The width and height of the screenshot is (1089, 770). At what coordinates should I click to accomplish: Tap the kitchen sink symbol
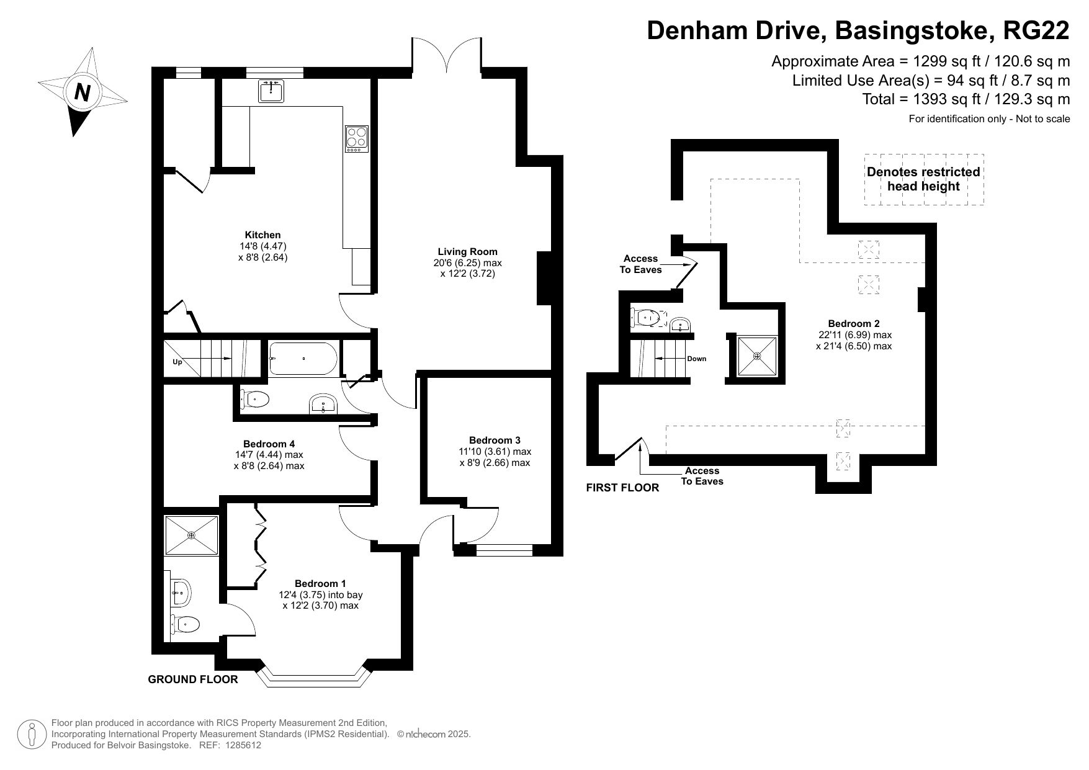(271, 91)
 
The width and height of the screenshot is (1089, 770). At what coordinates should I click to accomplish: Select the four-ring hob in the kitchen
(357, 138)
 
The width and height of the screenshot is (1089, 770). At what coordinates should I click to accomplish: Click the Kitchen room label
(262, 235)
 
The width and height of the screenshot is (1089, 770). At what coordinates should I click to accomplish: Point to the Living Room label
(467, 252)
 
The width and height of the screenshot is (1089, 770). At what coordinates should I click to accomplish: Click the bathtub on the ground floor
(303, 359)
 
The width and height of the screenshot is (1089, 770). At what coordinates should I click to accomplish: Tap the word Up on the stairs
(177, 362)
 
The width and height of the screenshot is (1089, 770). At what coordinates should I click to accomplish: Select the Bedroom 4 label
(269, 444)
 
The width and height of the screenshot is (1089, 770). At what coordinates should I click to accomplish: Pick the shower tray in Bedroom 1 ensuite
(191, 535)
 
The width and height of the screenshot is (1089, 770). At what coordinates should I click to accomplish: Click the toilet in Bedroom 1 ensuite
(186, 623)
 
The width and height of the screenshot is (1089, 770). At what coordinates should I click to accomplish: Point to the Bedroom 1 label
(320, 584)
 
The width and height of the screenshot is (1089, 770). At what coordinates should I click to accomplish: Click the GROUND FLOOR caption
(192, 679)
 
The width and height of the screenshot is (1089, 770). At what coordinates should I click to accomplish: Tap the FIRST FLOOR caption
(622, 488)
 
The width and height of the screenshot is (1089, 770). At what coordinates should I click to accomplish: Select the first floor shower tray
(756, 356)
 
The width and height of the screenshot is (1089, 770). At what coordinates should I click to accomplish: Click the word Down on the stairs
(696, 359)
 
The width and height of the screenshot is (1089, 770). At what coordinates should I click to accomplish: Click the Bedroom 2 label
(854, 324)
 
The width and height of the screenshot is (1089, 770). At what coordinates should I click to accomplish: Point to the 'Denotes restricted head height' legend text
(923, 179)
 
